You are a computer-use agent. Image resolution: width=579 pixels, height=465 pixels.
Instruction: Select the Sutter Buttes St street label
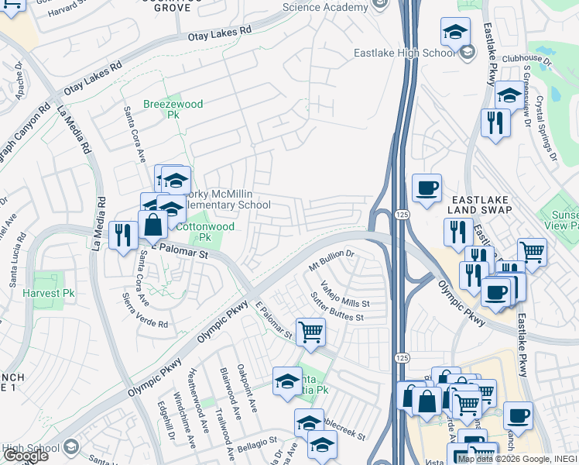[337, 312]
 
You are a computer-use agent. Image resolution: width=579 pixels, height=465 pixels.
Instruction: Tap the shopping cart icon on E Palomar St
[310, 331]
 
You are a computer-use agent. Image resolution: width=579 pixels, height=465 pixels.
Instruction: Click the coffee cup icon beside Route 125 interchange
[427, 188]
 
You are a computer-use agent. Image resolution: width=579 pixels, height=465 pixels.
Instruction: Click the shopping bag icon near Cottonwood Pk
[153, 226]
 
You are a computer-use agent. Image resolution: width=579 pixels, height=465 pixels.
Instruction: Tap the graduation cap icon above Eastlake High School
[455, 32]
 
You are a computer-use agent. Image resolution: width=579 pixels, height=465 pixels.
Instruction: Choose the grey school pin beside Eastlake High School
[466, 53]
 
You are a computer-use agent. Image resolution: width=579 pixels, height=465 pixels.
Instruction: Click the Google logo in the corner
[26, 456]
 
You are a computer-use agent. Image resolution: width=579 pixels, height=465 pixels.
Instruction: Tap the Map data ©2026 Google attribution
[503, 459]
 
